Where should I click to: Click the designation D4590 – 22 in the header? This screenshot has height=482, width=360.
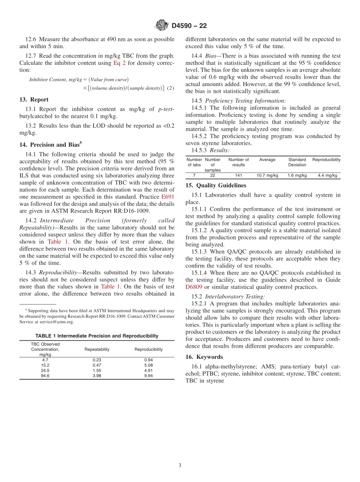pyautogui.click(x=189, y=26)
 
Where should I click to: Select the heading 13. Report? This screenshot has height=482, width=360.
pyautogui.click(x=34, y=100)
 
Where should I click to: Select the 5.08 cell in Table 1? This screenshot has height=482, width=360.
pyautogui.click(x=149, y=365)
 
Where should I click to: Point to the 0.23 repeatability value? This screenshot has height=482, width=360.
pyautogui.click(x=97, y=360)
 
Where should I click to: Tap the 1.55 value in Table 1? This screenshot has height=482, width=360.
pyautogui.click(x=97, y=371)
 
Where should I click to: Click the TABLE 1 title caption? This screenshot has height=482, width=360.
pyautogui.click(x=97, y=336)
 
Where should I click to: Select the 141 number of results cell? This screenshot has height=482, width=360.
pyautogui.click(x=238, y=175)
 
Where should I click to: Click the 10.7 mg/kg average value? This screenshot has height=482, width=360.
pyautogui.click(x=267, y=175)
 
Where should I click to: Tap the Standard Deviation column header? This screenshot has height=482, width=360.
pyautogui.click(x=297, y=162)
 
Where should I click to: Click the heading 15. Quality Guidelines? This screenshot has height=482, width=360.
pyautogui.click(x=216, y=186)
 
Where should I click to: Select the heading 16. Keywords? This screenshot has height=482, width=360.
pyautogui.click(x=204, y=357)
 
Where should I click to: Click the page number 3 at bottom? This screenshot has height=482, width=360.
pyautogui.click(x=180, y=466)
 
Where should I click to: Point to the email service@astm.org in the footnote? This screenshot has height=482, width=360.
pyautogui.click(x=54, y=322)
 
